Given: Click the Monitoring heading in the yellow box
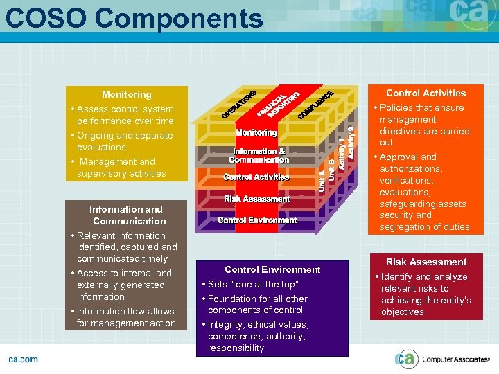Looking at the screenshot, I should [126, 94].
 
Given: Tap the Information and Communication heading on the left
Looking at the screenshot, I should [126, 215].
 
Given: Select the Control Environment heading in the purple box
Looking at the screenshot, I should [272, 269].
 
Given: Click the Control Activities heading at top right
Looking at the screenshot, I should [426, 93].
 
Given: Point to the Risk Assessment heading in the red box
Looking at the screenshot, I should [426, 262].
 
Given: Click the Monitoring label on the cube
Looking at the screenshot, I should [256, 132].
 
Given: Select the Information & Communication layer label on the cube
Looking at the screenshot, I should [259, 156].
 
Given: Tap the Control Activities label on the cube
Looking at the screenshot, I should [256, 177].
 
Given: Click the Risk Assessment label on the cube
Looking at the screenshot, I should [256, 199].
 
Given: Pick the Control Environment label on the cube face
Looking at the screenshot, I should [257, 220].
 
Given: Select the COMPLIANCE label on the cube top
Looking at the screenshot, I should [316, 105].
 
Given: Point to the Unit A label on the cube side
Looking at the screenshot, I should [322, 181].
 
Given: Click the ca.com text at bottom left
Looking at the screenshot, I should [24, 359].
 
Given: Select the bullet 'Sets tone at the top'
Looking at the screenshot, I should [253, 285].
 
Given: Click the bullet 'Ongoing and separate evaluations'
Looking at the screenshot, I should [115, 141].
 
